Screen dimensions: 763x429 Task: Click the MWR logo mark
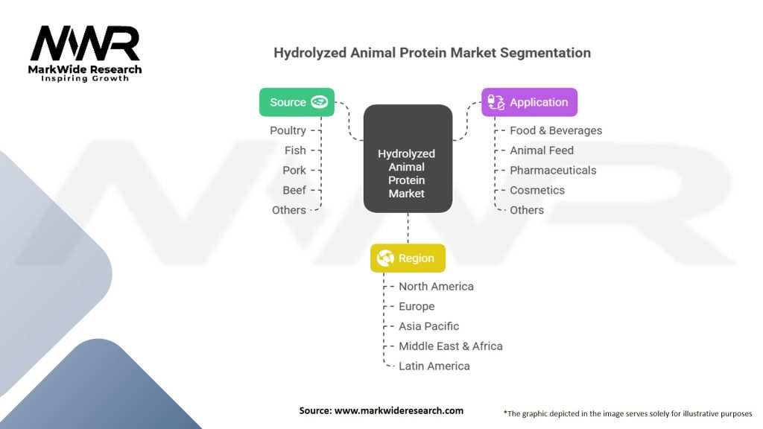click(x=85, y=43)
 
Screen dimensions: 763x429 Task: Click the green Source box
click(x=297, y=102)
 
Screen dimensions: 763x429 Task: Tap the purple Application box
click(x=530, y=102)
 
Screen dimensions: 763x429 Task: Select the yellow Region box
click(x=408, y=258)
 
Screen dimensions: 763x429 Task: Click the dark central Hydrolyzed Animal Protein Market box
click(x=408, y=159)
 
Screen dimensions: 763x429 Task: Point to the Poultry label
click(x=288, y=130)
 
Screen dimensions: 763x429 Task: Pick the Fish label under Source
click(x=295, y=150)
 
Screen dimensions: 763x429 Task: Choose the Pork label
click(x=294, y=171)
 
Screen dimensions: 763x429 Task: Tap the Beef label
click(x=294, y=190)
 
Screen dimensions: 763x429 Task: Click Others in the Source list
click(x=289, y=210)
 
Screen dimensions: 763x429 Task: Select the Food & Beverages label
click(x=556, y=130)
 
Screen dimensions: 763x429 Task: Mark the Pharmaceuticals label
click(x=553, y=171)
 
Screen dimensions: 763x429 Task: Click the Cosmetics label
click(x=537, y=190)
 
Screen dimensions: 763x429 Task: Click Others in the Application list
click(x=527, y=210)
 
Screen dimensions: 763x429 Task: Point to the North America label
click(x=436, y=287)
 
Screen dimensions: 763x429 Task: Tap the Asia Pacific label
click(x=428, y=326)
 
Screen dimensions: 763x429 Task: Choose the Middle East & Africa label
click(x=451, y=346)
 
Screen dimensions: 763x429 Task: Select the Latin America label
click(x=434, y=366)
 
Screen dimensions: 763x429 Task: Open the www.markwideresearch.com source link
click(x=399, y=410)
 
